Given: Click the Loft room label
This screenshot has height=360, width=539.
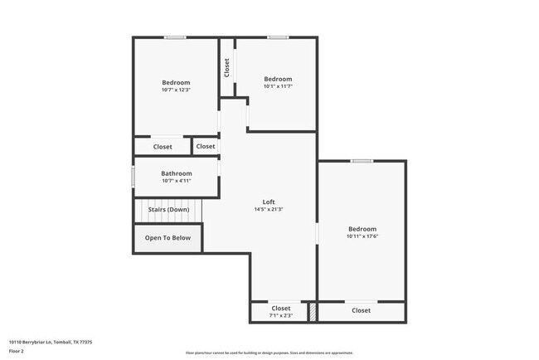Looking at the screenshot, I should [x=268, y=202].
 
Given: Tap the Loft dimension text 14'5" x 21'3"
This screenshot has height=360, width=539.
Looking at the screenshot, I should [x=268, y=209].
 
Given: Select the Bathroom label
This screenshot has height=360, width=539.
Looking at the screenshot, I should [x=176, y=173].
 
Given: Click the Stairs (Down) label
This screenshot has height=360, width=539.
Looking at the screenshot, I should [x=169, y=209].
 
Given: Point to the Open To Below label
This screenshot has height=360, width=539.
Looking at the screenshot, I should [x=168, y=238].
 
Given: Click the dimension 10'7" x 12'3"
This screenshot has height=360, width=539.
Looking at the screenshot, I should [x=176, y=90].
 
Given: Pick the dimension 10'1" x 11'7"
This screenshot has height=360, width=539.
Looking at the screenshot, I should [x=278, y=86].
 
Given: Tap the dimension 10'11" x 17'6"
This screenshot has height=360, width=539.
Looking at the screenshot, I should [x=362, y=236].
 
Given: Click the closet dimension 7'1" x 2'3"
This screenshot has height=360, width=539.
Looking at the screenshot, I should [x=281, y=315].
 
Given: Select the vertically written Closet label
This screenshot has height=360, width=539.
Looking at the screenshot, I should [x=226, y=67].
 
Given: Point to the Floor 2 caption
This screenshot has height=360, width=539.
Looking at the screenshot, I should [x=17, y=352].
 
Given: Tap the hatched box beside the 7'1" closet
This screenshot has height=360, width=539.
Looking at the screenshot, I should [x=313, y=312].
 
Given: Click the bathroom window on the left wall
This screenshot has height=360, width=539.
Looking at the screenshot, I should [x=133, y=178].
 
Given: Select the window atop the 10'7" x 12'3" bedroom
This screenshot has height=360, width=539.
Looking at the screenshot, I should [x=174, y=37].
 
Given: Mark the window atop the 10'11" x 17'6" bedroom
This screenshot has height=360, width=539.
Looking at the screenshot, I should [x=361, y=161].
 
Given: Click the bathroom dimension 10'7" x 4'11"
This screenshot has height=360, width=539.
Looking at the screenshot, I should [x=176, y=181].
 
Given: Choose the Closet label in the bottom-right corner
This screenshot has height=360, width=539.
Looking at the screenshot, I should [x=361, y=310].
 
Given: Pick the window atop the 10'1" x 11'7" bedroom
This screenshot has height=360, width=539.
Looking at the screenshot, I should [x=278, y=37].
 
